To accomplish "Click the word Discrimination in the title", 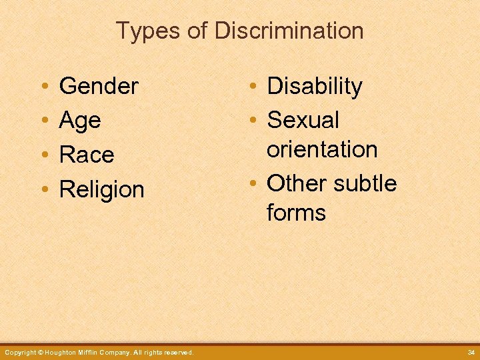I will (289, 31).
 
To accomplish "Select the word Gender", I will (99, 86).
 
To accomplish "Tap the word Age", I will (80, 121).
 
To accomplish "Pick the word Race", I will (87, 155).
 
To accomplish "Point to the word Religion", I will (101, 190).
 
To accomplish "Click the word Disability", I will (315, 86).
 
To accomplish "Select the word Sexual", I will (303, 120).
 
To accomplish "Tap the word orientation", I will (322, 149).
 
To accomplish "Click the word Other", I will (296, 183).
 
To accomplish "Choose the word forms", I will (296, 213).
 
